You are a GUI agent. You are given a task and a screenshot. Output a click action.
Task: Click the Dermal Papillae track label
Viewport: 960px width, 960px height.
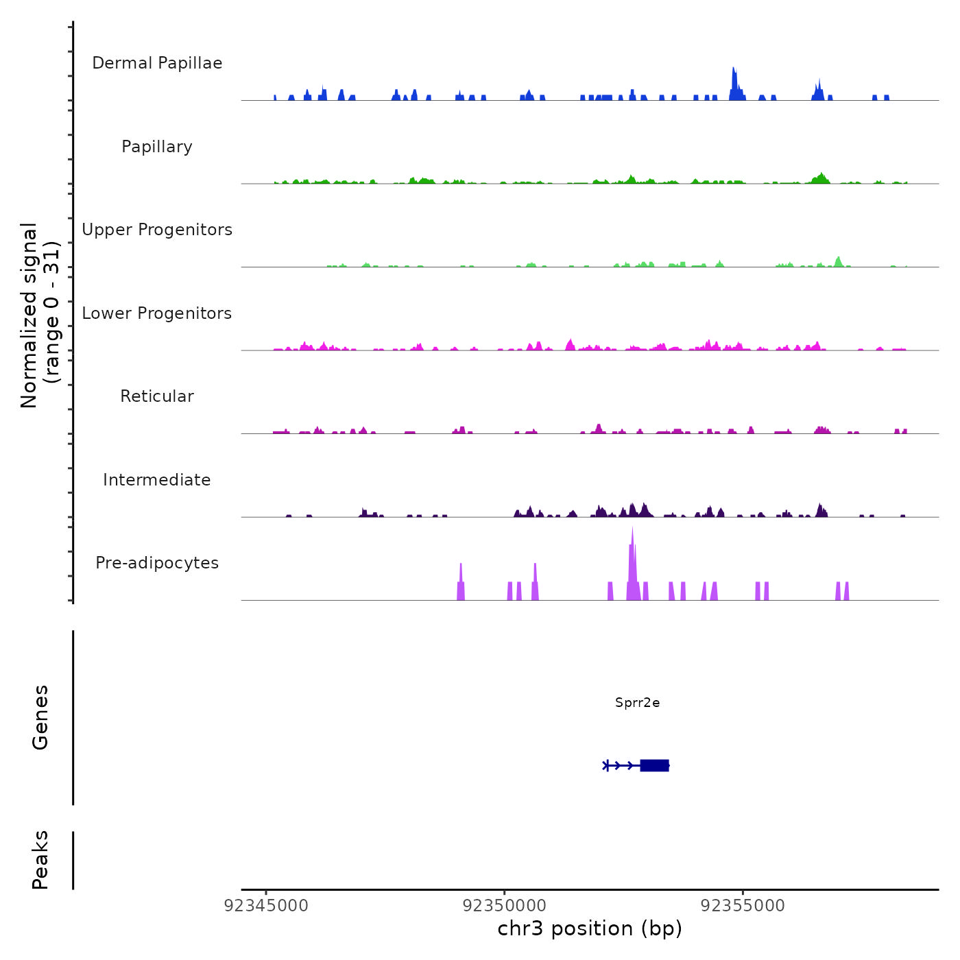[x=157, y=63]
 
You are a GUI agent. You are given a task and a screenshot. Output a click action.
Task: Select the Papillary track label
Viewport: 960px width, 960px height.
[x=157, y=147]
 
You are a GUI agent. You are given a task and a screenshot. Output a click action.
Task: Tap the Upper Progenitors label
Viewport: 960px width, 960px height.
[x=157, y=230]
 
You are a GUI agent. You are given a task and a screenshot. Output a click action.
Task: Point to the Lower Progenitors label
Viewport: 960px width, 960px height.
[x=157, y=313]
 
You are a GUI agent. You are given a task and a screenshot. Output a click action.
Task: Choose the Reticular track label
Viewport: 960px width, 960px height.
[x=157, y=396]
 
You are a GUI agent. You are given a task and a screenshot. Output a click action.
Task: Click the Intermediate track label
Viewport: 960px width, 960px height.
[x=157, y=480]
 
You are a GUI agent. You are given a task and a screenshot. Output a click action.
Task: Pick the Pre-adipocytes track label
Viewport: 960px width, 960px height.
[x=157, y=563]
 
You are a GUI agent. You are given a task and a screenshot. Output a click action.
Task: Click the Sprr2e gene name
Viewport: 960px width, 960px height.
[x=638, y=703]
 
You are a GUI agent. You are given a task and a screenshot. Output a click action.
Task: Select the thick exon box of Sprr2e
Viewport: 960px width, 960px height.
[x=654, y=765]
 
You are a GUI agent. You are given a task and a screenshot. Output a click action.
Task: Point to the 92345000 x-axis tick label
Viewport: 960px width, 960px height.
[x=266, y=906]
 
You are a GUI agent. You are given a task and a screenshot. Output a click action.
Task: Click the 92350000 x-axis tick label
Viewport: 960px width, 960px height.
[x=505, y=906]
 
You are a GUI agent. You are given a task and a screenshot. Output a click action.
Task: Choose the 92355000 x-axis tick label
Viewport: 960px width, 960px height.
[x=743, y=906]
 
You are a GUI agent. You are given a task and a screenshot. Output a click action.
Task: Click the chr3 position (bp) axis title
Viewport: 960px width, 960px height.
[x=590, y=929]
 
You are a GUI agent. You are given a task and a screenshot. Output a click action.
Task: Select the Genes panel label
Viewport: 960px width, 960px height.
[x=40, y=717]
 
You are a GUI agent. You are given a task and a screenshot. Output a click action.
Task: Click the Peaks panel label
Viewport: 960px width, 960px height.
[x=40, y=860]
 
